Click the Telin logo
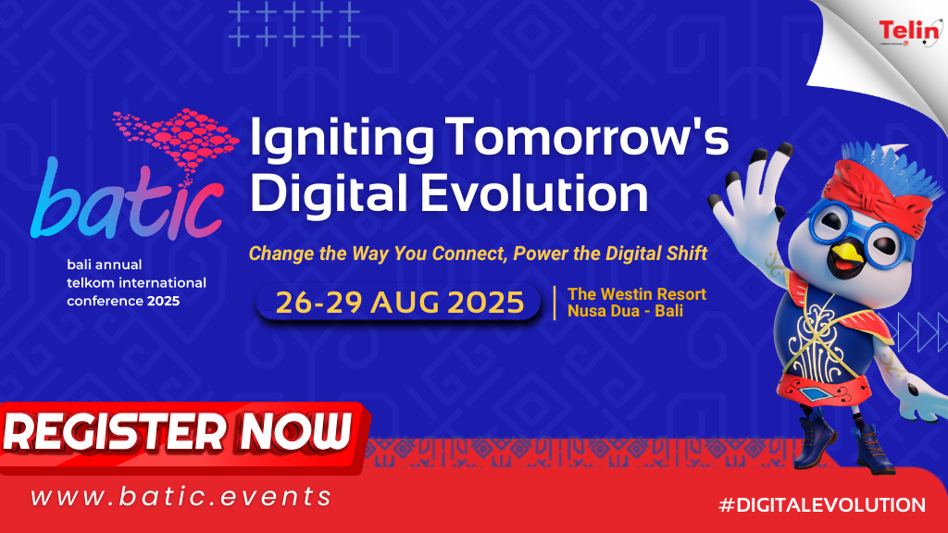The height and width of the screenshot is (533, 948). pos(910,31)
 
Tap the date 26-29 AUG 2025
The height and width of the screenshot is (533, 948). pos(400,303)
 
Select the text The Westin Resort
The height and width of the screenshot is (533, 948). pos(637,294)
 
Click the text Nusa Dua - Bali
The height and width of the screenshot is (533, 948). pos(625,311)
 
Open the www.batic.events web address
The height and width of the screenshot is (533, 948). pos(181,497)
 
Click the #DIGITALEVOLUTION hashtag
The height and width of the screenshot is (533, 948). pos(822,504)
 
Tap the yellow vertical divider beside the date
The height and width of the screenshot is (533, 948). pos(555,303)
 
